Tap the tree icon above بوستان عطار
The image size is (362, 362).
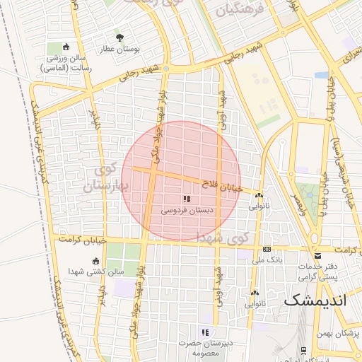pyautogui.click(x=119, y=36)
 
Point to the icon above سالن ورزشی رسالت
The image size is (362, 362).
pyautogui.click(x=66, y=46)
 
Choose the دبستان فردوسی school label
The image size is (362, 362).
pyautogui.click(x=187, y=210)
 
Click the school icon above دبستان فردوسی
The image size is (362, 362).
pyautogui.click(x=187, y=199)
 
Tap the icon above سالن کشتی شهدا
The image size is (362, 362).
pyautogui.click(x=95, y=261)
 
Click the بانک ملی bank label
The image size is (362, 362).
pyautogui.click(x=268, y=260)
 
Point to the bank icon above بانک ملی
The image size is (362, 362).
pyautogui.click(x=267, y=249)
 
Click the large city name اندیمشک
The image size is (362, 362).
pyautogui.click(x=315, y=300)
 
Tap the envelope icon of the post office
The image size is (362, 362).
pyautogui.click(x=317, y=255)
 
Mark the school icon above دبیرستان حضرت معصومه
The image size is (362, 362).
pyautogui.click(x=205, y=332)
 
